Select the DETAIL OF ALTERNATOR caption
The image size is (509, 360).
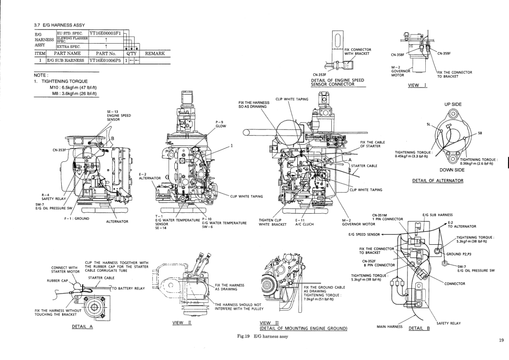coord(438,180)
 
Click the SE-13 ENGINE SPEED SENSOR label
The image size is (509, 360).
coord(119,116)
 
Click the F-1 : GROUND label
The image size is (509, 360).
coord(77,218)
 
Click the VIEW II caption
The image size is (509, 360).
coord(182,323)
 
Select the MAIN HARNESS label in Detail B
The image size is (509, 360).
coord(390,327)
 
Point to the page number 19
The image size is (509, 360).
coord(501,341)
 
